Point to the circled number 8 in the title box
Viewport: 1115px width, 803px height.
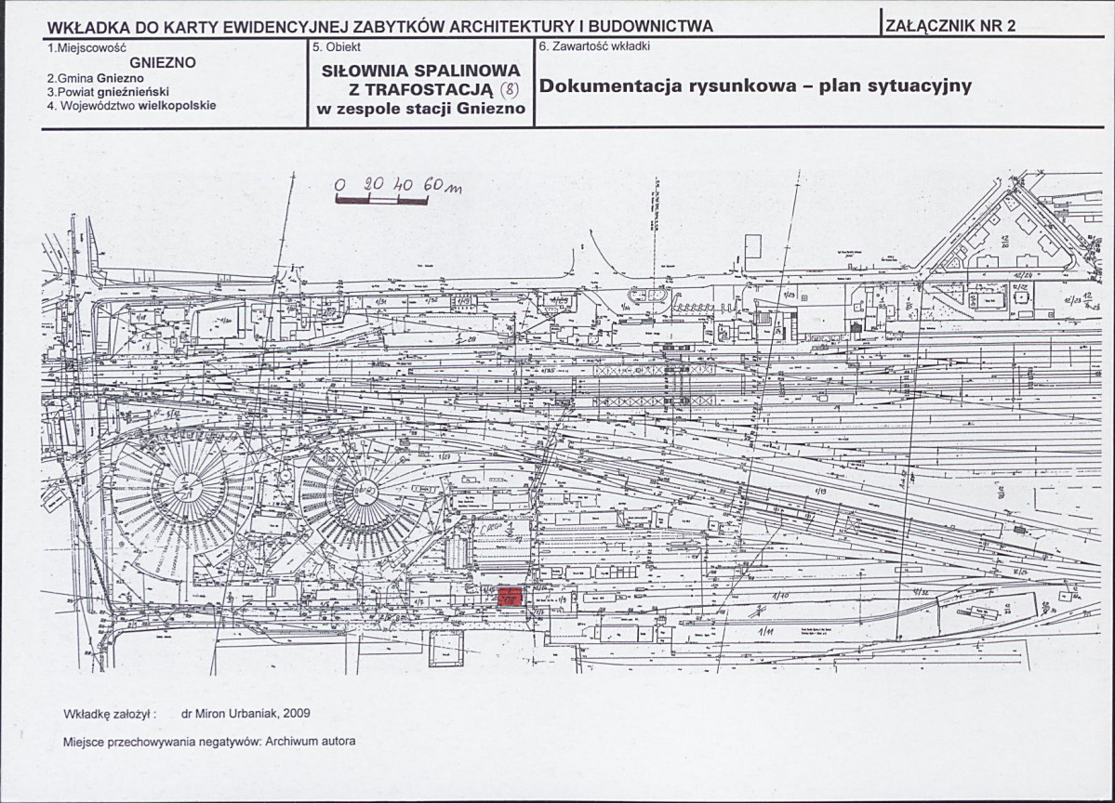point(509,89)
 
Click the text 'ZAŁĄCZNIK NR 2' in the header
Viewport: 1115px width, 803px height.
point(949,26)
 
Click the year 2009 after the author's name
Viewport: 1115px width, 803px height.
point(296,714)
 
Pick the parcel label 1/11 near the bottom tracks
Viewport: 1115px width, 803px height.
point(768,632)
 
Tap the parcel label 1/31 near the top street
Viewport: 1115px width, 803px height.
point(380,302)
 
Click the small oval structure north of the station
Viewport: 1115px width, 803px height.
point(657,295)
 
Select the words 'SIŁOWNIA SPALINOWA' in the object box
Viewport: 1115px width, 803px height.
point(421,71)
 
